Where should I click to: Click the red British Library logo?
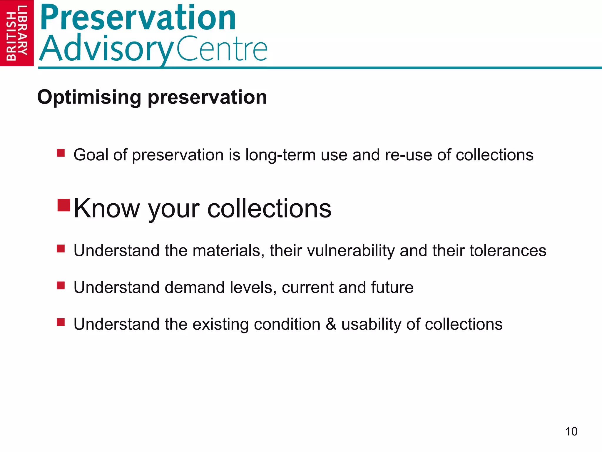17,33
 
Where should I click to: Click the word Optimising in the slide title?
89,98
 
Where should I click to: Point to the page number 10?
571,432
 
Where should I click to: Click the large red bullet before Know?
63,205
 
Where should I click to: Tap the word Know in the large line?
106,208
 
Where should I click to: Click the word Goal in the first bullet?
91,155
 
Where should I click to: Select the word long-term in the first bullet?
280,155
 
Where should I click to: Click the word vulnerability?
351,251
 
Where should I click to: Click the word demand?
194,288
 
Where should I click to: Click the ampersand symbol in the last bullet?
331,324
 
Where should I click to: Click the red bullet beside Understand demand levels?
61,285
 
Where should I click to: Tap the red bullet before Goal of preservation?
61,153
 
